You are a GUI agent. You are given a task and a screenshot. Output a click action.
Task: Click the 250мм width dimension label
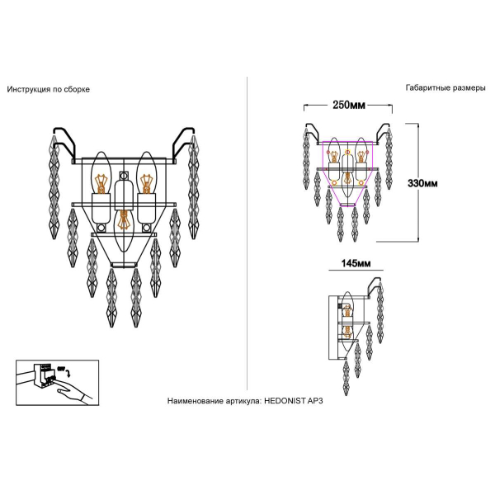click(x=348, y=105)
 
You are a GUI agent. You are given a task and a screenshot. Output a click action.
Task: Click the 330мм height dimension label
click(x=422, y=183)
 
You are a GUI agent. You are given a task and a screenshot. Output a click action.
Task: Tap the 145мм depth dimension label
click(x=356, y=263)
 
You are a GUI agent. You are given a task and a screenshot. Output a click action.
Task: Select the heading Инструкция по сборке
click(x=49, y=89)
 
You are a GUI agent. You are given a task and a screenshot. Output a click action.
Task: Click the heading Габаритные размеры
click(x=445, y=87)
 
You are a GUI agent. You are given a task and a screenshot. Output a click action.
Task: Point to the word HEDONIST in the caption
click(x=285, y=401)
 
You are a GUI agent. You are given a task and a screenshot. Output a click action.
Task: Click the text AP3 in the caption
click(x=315, y=401)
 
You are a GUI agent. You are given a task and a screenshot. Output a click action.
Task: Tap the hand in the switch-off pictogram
click(x=74, y=392)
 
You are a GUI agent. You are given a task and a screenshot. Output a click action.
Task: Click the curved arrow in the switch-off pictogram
click(x=68, y=373)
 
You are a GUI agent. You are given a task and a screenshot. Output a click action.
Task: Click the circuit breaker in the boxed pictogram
click(x=45, y=376)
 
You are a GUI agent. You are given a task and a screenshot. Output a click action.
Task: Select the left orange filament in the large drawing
click(x=101, y=184)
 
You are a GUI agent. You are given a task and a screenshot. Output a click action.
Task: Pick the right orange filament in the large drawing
click(x=146, y=183)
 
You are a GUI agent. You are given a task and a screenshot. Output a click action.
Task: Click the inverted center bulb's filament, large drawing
click(x=123, y=219)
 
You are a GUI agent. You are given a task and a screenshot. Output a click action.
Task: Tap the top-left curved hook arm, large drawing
click(x=65, y=144)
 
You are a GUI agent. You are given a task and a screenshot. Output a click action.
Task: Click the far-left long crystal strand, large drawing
click(x=54, y=187)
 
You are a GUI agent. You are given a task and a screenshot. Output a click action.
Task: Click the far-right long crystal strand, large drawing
click(x=193, y=187)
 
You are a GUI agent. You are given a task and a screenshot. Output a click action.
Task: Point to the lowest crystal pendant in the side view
click(x=346, y=378)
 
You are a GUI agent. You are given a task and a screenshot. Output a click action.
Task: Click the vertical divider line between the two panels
click(x=247, y=233)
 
